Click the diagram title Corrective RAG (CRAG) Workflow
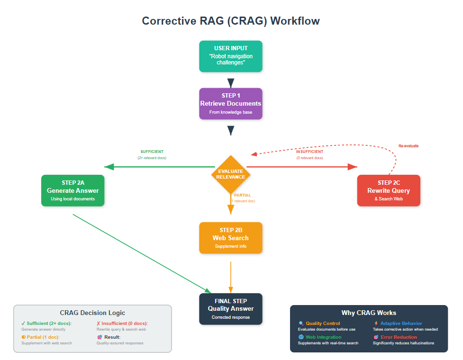[x=231, y=21]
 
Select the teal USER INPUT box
[x=231, y=56]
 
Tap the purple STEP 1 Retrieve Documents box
[x=231, y=103]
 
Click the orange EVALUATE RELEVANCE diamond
[x=231, y=174]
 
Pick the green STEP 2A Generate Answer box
[x=73, y=190]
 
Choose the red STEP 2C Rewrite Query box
[x=389, y=190]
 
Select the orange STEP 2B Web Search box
[x=231, y=238]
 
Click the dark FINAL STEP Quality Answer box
[x=231, y=308]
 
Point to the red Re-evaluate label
[x=408, y=146]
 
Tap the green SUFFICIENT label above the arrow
[x=152, y=152]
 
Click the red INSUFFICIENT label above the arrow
[x=309, y=152]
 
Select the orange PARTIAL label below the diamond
[x=243, y=195]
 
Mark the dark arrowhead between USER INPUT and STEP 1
[x=231, y=83]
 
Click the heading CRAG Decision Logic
[x=92, y=313]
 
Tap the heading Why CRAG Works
[x=369, y=313]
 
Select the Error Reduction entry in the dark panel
[x=398, y=337]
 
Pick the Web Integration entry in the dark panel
[x=323, y=337]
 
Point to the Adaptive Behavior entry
[x=401, y=324]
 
